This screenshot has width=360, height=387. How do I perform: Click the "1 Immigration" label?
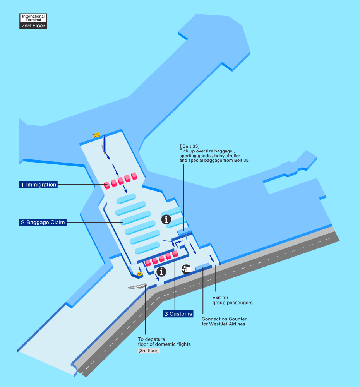pyautogui.click(x=38, y=185)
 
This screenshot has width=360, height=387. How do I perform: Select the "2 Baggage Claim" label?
pyautogui.click(x=43, y=223)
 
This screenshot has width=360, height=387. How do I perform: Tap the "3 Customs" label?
pyautogui.click(x=178, y=314)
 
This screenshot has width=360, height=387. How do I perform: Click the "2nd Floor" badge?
pyautogui.click(x=33, y=26)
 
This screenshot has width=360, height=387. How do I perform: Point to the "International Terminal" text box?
pyautogui.click(x=33, y=18)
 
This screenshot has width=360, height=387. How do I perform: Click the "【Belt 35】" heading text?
pyautogui.click(x=190, y=146)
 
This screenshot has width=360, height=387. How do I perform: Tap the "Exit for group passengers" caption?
pyautogui.click(x=232, y=300)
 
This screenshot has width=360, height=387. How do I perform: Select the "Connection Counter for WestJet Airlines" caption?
pyautogui.click(x=224, y=321)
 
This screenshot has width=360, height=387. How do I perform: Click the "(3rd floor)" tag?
pyautogui.click(x=149, y=351)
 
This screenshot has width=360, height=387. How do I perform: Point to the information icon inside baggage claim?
pyautogui.click(x=166, y=219)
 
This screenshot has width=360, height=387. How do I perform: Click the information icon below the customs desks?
pyautogui.click(x=161, y=272)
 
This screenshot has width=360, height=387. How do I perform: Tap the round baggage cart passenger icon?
pyautogui.click(x=187, y=269)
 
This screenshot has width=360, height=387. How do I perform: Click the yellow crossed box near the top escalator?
pyautogui.click(x=96, y=135)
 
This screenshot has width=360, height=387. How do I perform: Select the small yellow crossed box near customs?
pyautogui.click(x=140, y=274)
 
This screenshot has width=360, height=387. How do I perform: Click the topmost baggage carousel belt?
pyautogui.click(x=126, y=199)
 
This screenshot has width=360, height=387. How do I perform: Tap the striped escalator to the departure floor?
pyautogui.click(x=137, y=286)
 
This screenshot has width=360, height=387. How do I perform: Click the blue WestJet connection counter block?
pyautogui.click(x=203, y=266)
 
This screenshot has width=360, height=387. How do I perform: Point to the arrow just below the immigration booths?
pyautogui.click(x=125, y=189)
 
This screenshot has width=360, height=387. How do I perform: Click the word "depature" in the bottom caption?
pyautogui.click(x=155, y=339)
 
